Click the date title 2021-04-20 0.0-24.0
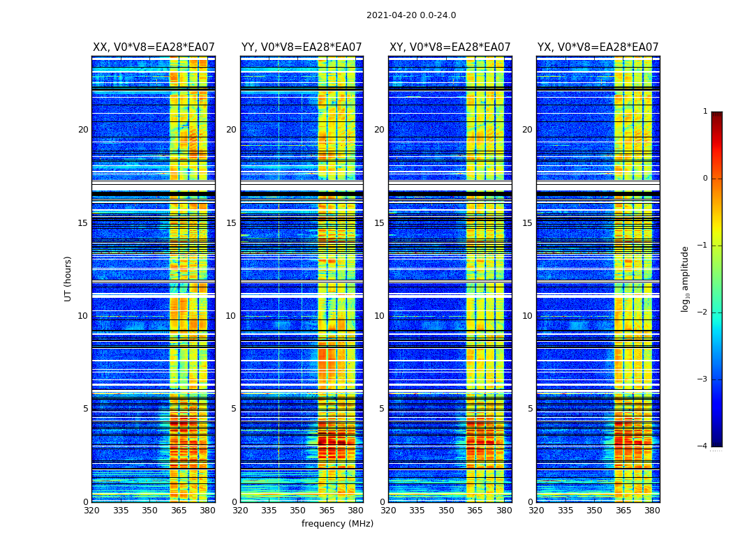pos(411,15)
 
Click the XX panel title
pos(154,47)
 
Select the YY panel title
pos(302,47)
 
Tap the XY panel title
pos(450,47)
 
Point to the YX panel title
pos(598,47)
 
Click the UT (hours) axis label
pos(68,278)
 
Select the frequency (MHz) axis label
pos(337,524)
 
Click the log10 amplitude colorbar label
pos(686,278)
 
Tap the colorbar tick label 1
pos(704,112)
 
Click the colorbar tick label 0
pos(704,179)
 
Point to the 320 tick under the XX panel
pos(92,511)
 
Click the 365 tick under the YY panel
pos(327,511)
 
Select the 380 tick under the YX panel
pos(652,511)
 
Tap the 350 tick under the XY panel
pos(446,511)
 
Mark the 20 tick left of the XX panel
pos(83,130)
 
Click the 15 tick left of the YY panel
pos(231,223)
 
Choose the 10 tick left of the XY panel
pos(379,316)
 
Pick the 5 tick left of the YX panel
pos(530,409)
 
